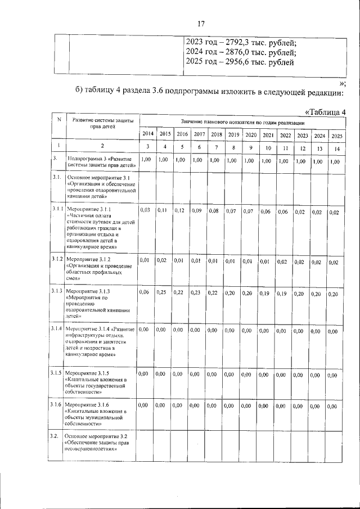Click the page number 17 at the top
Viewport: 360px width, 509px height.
coord(200,24)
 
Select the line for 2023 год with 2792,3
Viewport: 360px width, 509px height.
coord(241,42)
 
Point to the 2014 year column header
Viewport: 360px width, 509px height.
coord(148,135)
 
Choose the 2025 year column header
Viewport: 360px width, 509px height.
coord(336,136)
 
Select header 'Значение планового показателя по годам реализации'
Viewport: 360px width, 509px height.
coord(242,122)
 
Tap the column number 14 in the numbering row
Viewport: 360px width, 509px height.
coord(336,148)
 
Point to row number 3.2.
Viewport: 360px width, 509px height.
coord(54,436)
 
